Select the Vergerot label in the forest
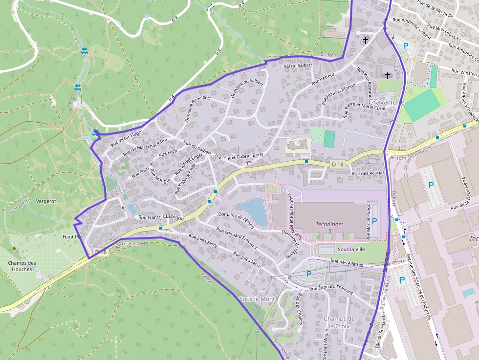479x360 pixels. coord(46,201)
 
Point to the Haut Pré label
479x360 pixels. coord(72,236)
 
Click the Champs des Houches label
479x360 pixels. coord(22,266)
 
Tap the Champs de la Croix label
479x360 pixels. coord(339,322)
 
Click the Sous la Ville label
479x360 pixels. coord(351,249)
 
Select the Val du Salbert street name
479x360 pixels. coord(298,65)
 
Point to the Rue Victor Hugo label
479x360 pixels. coord(126,139)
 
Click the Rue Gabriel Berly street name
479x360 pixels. coord(245,156)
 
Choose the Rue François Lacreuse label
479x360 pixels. coord(161,217)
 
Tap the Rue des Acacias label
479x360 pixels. coord(368,173)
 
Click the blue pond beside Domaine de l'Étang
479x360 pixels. coord(252,211)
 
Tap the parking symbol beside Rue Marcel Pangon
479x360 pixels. coord(374,221)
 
